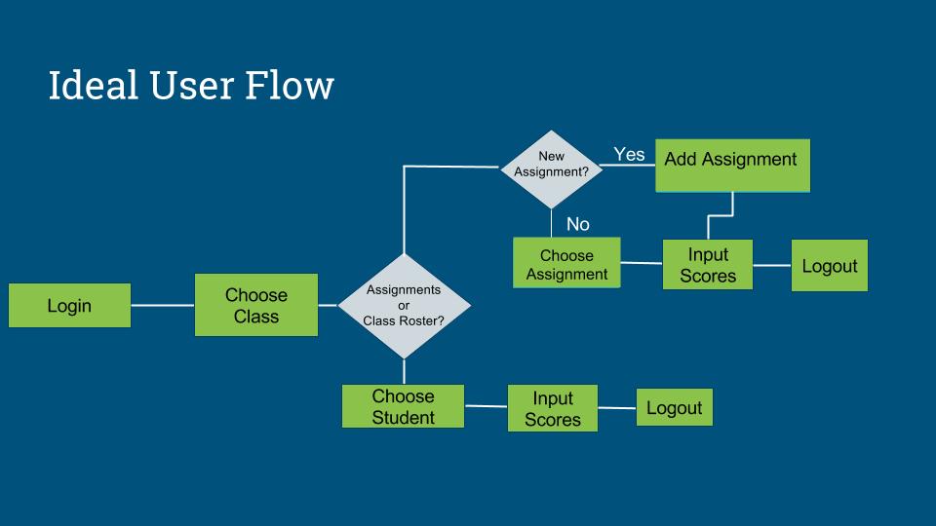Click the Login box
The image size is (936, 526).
point(69,306)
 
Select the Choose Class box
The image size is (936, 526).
point(255,305)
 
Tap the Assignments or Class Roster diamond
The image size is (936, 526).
point(404,306)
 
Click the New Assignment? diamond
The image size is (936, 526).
point(552,169)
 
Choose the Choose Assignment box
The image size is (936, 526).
point(566,264)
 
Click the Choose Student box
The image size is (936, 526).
point(403,406)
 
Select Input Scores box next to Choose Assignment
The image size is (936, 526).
point(708,265)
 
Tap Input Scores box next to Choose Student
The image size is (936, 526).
point(552,409)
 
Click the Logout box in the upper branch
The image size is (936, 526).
point(829,266)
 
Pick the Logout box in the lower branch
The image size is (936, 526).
point(674,407)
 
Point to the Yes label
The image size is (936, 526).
point(629,154)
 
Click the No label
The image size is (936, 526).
point(577,225)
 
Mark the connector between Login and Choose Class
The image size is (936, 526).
point(162,305)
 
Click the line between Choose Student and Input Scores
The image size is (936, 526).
point(486,406)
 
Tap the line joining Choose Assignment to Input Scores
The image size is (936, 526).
point(641,263)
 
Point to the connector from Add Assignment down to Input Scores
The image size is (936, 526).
point(731,204)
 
